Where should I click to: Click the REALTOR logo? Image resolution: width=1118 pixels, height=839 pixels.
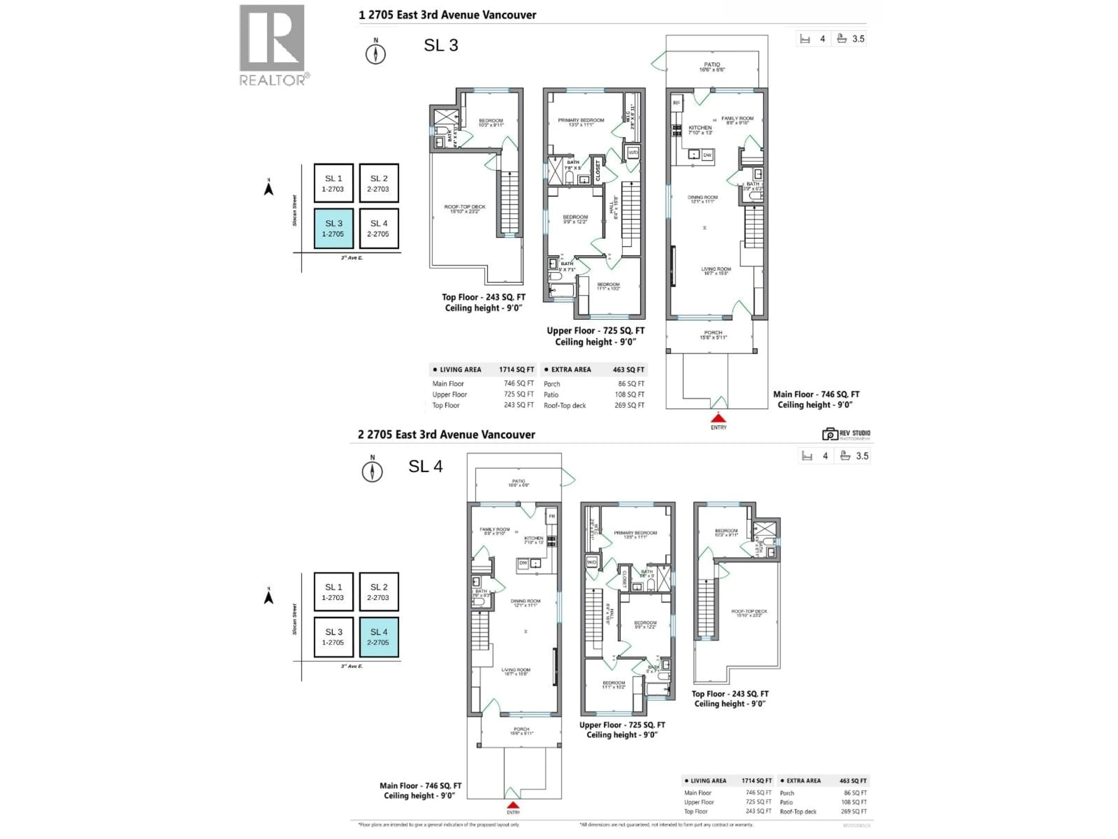[x=272, y=45]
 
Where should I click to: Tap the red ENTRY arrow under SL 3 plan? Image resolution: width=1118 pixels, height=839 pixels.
[x=718, y=418]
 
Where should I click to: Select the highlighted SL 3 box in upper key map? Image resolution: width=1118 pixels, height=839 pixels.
[x=334, y=229]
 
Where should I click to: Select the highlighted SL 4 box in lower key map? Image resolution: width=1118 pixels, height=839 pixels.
[x=378, y=637]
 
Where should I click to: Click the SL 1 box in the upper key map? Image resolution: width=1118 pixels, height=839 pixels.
[x=334, y=183]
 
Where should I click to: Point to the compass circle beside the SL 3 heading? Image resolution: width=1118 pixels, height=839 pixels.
[x=376, y=54]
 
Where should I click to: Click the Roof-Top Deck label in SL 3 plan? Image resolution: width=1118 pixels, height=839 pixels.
[x=464, y=209]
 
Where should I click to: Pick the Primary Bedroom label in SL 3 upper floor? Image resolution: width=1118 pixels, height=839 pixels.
[x=581, y=122]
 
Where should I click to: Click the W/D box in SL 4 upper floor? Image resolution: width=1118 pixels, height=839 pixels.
[x=591, y=562]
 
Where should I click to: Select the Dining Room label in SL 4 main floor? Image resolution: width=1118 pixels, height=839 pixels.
[x=525, y=603]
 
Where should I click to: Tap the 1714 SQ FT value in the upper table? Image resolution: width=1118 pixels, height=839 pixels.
[x=516, y=370]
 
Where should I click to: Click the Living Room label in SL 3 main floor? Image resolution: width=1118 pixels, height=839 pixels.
[x=716, y=271]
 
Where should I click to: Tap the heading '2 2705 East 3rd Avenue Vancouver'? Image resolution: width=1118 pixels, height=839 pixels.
[x=446, y=434]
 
